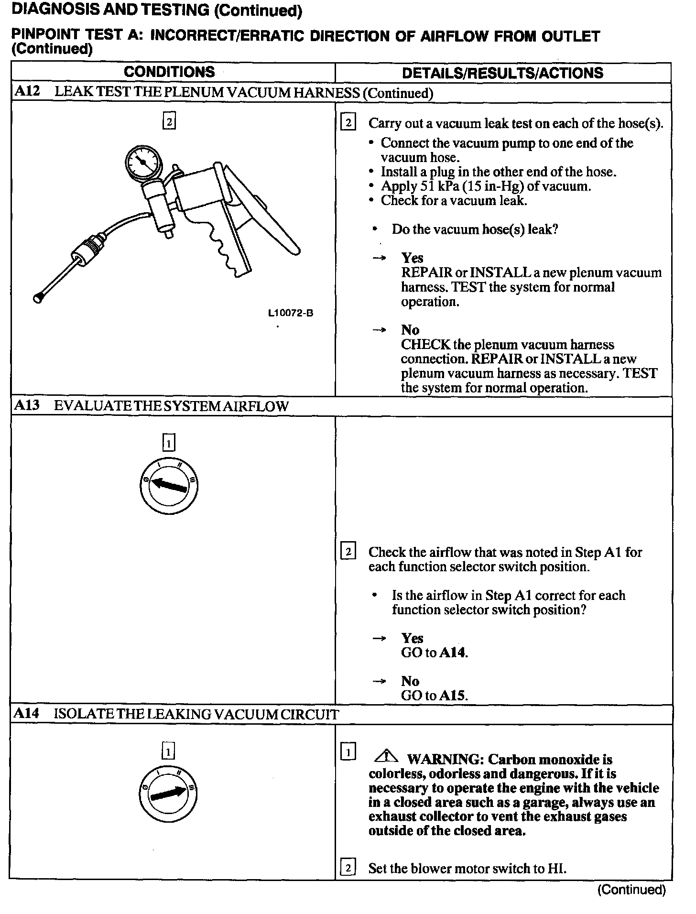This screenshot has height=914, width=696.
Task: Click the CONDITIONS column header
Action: [169, 72]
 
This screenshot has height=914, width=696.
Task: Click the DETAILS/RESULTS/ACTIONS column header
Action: [502, 73]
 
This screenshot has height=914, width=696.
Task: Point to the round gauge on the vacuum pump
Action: [143, 163]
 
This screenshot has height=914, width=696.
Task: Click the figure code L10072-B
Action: [291, 313]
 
